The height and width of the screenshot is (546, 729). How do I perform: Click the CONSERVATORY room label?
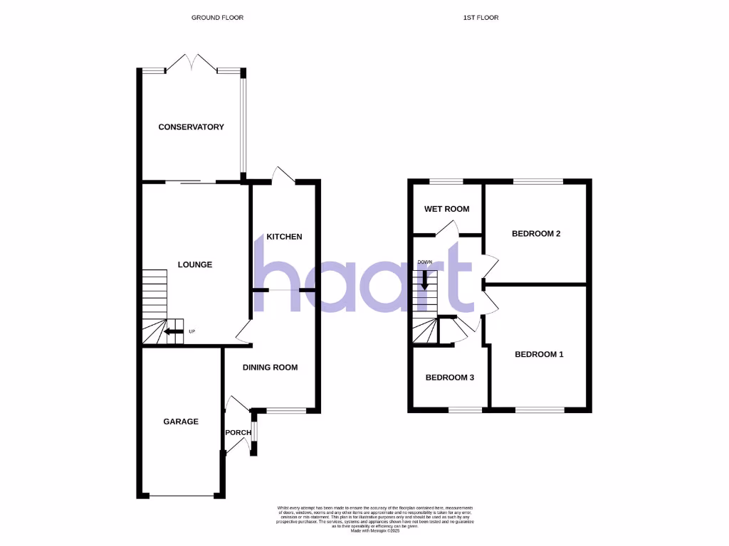pos(191,127)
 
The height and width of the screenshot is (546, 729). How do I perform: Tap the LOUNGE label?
pos(195,265)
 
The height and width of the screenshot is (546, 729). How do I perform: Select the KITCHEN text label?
pos(284,237)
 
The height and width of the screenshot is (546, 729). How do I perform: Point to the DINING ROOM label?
pos(270,368)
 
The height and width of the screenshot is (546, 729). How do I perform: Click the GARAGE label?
pos(181,422)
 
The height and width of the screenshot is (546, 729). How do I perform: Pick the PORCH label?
pos(237,433)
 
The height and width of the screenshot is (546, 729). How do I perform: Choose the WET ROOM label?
pos(446,209)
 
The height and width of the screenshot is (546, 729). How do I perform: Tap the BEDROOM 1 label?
pos(539,354)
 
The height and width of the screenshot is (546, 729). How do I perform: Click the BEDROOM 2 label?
pos(537,233)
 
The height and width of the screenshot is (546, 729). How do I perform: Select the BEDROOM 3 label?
pos(449,378)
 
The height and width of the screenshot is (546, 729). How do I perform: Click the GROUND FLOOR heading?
pos(217,17)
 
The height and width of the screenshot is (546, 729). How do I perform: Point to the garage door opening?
pos(181,496)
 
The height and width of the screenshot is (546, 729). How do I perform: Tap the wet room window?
pos(446,181)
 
